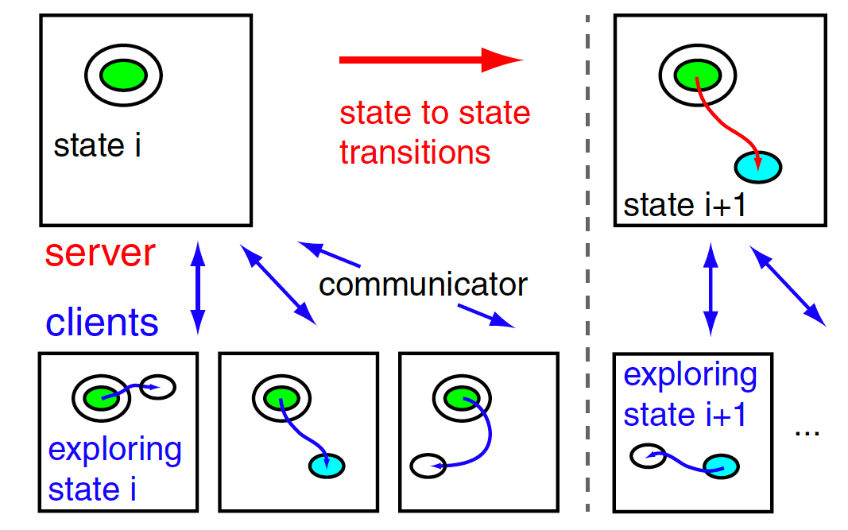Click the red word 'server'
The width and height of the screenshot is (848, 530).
coord(99,253)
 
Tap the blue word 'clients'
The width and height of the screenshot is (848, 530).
coord(102,323)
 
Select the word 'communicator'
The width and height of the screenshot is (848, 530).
coord(423,284)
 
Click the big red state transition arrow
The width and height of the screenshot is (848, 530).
coord(429,60)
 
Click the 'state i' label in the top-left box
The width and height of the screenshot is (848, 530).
coord(97,145)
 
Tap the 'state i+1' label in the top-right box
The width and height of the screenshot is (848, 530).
coord(683,205)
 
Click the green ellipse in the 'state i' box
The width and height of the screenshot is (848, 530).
coord(123,75)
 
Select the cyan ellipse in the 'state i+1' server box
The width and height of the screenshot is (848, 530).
coord(757,167)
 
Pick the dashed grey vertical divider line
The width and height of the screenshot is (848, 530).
coord(587,262)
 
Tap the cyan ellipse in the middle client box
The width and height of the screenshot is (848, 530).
coord(326,464)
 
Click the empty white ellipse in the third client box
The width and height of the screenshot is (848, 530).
coord(428,465)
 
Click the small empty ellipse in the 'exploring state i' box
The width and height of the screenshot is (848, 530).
coord(157,388)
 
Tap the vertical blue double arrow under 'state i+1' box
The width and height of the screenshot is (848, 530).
coord(711,288)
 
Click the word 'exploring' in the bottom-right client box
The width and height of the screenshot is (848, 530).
coord(690,375)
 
